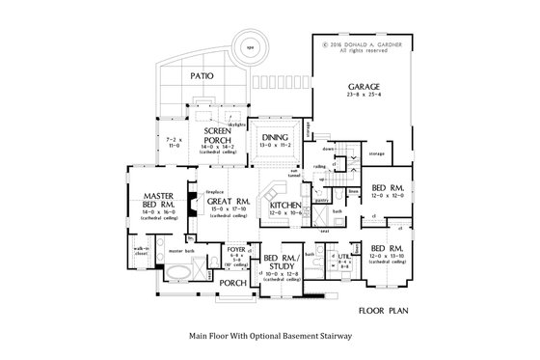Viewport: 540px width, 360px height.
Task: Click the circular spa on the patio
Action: click(249, 47)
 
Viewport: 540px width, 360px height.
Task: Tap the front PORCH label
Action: click(231, 283)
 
